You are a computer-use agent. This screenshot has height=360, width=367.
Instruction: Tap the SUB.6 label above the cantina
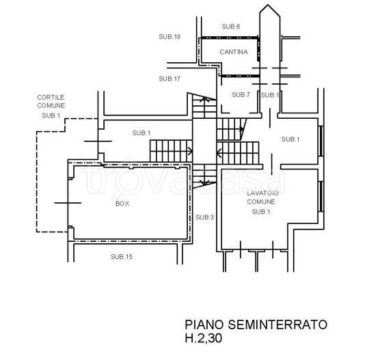(231, 26)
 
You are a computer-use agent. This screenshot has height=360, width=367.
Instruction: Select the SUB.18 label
(169, 36)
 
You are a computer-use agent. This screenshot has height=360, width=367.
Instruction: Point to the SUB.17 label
(169, 79)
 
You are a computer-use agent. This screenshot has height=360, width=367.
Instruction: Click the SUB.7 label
(241, 94)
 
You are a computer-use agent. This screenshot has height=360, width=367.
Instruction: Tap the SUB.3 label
(204, 217)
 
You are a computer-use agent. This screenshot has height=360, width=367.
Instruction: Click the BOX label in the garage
(123, 204)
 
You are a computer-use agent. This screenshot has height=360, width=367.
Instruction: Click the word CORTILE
(51, 98)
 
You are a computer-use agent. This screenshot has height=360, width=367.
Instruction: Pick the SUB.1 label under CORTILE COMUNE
(51, 116)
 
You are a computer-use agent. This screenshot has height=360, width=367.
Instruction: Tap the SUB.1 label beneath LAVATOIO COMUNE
(261, 212)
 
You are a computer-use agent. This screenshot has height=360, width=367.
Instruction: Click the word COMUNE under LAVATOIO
(261, 203)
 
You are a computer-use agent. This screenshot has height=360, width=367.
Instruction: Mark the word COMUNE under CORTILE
(51, 106)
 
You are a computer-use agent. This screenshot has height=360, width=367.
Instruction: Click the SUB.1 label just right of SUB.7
(270, 95)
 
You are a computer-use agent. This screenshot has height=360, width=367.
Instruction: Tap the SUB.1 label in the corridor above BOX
(141, 132)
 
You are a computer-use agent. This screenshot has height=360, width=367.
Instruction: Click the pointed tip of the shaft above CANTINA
(267, 9)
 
